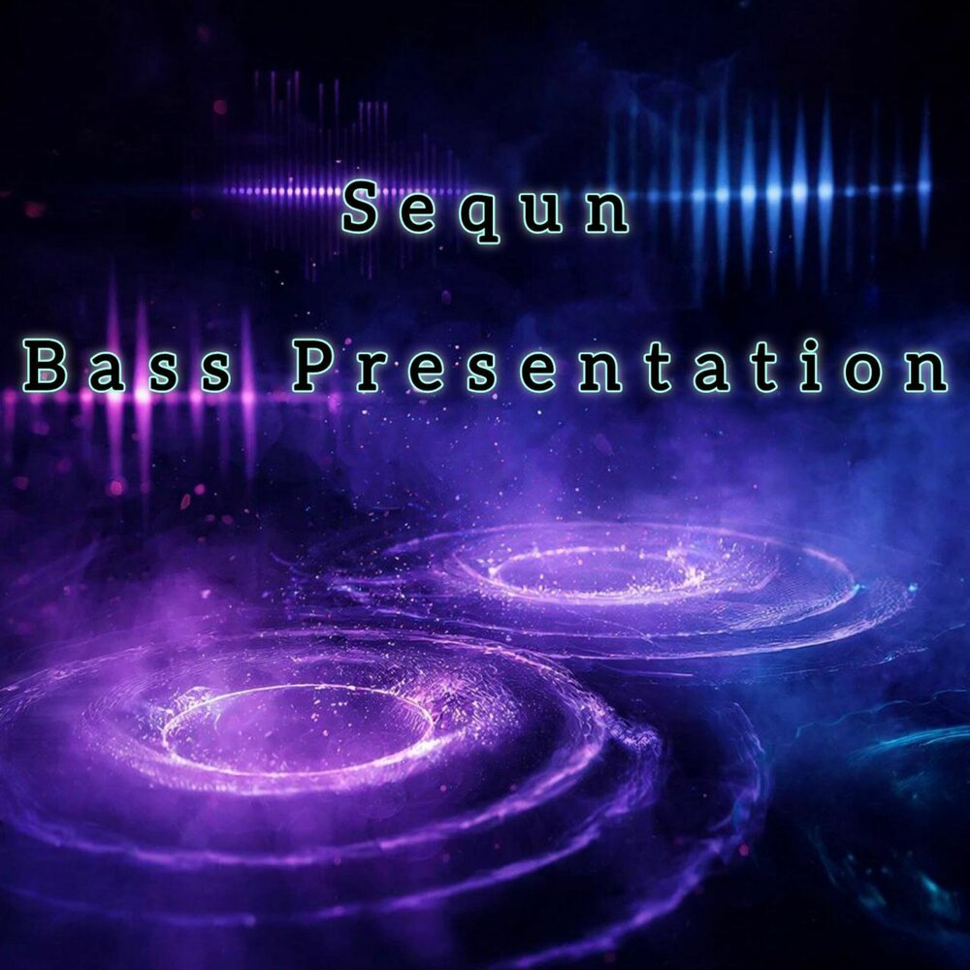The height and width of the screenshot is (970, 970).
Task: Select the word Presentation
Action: click(621, 368)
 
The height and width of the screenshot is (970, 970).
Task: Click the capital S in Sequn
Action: click(360, 209)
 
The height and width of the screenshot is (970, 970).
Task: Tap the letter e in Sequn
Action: click(422, 212)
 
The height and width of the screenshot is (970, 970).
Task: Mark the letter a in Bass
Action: click(100, 372)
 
